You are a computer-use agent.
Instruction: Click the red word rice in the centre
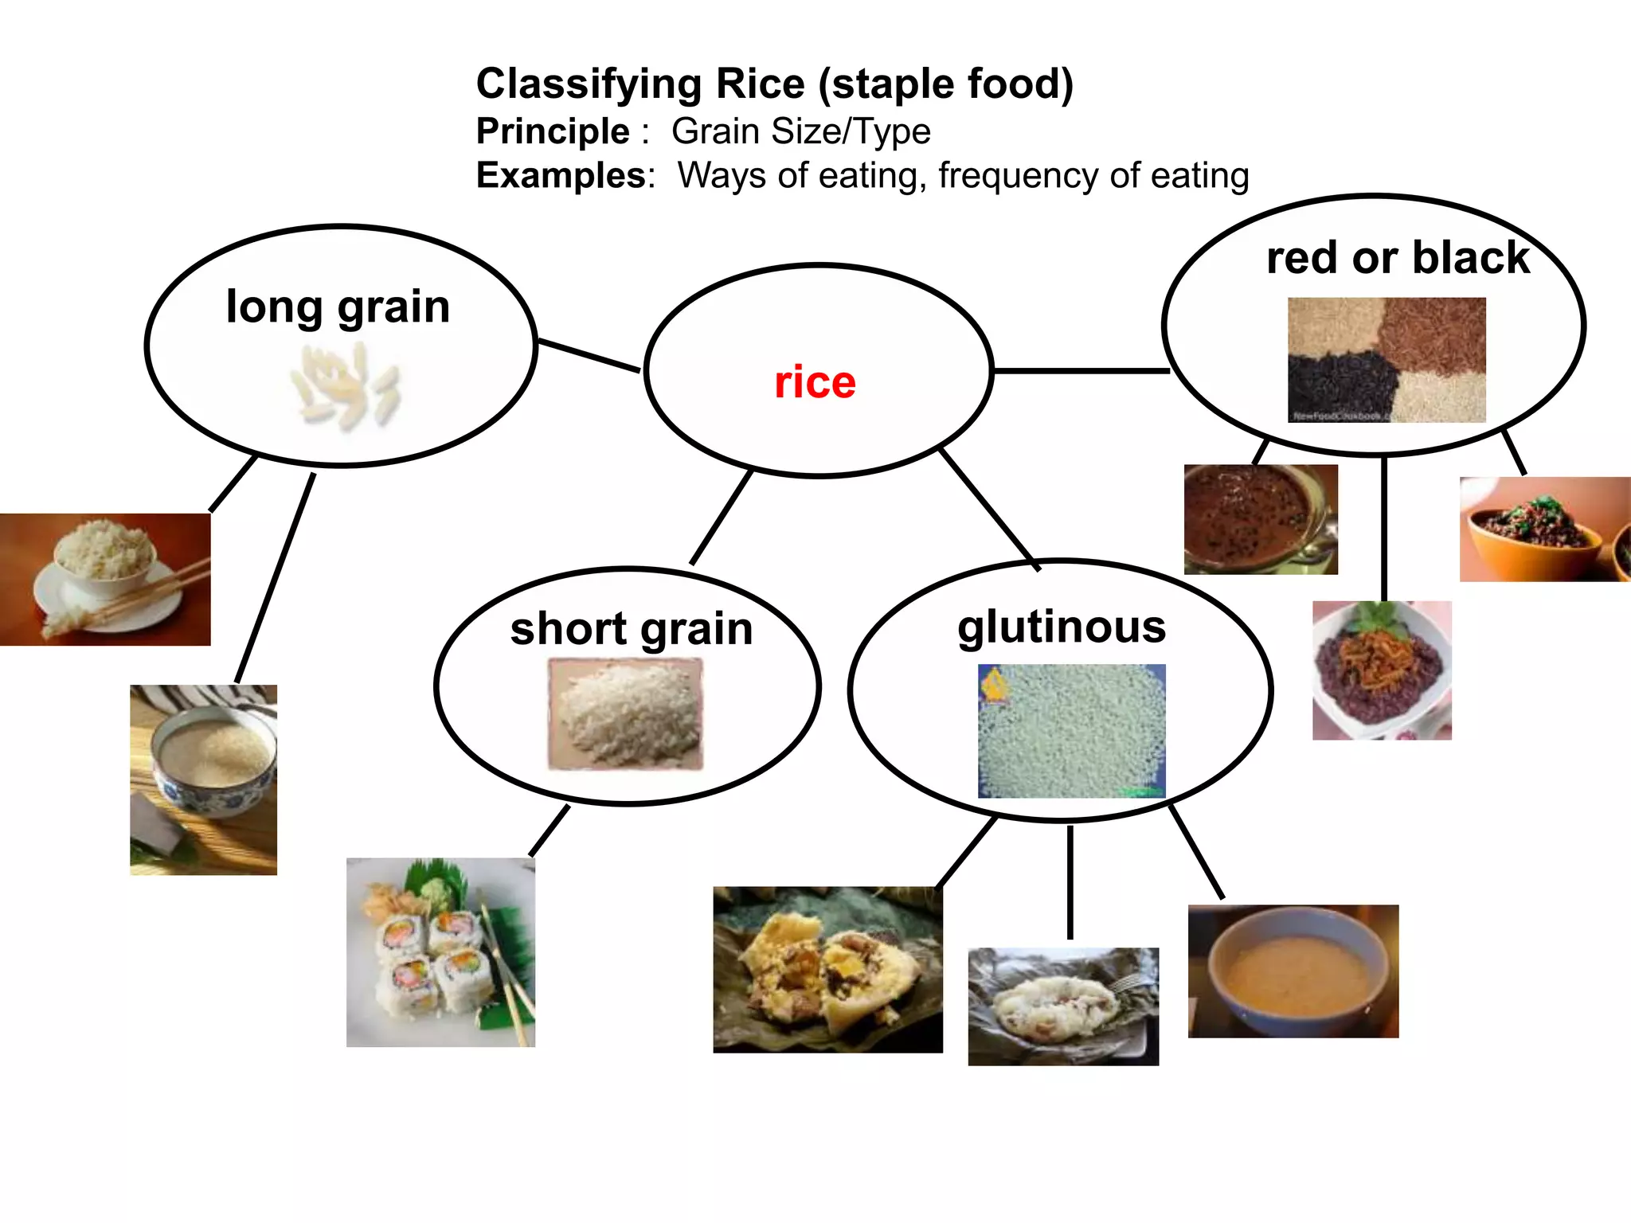815,382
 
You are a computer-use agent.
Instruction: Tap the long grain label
338,307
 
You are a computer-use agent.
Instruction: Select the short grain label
632,629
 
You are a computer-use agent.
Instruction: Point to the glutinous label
1062,627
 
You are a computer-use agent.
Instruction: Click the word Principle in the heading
553,131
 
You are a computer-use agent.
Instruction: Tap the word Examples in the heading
561,175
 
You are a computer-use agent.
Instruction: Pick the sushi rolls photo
440,951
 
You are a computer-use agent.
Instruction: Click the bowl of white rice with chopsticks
105,579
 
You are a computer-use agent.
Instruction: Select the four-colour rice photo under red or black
1387,360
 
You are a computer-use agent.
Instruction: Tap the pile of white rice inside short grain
626,713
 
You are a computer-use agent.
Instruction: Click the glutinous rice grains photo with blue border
1071,731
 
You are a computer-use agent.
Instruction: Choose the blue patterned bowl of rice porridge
204,780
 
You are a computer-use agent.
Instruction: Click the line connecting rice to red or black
1081,371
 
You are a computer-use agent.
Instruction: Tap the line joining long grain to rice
589,356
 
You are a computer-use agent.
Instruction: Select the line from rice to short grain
722,518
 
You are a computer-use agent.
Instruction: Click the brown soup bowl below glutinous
1293,971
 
